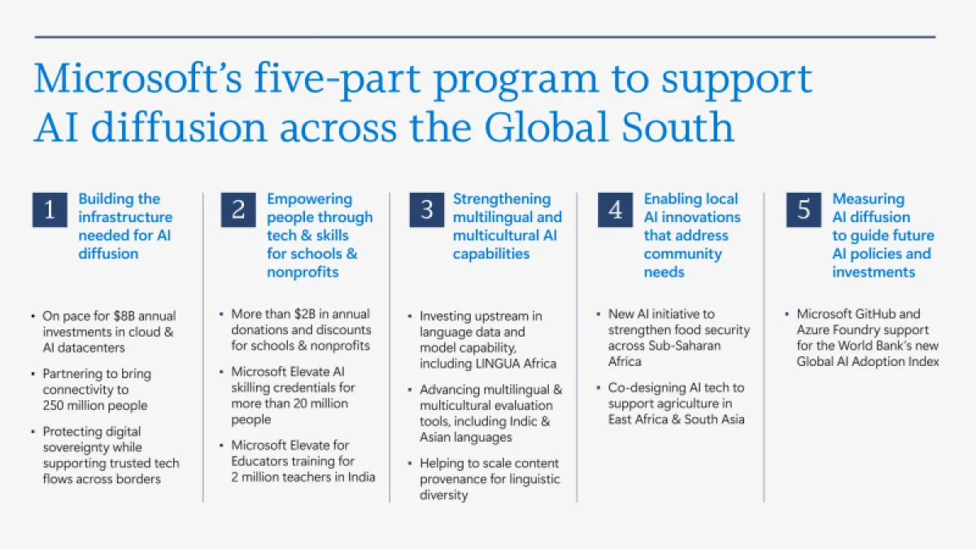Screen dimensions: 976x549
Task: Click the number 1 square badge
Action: (x=50, y=210)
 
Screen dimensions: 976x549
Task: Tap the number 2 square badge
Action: (x=237, y=210)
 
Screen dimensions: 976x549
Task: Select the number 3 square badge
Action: (x=426, y=210)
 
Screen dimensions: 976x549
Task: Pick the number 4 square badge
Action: (x=615, y=210)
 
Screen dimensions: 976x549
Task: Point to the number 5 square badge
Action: (x=804, y=210)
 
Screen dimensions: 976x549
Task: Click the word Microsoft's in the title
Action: (x=137, y=78)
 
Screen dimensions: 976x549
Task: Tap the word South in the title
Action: (x=678, y=127)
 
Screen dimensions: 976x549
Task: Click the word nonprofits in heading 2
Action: (x=303, y=272)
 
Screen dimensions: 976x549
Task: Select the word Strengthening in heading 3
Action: (x=502, y=199)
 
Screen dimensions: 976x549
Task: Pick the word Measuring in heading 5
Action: (x=869, y=199)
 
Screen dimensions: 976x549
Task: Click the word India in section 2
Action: (x=361, y=477)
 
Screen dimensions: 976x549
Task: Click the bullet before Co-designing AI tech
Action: (x=599, y=387)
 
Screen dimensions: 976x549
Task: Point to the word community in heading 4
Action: (x=682, y=254)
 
